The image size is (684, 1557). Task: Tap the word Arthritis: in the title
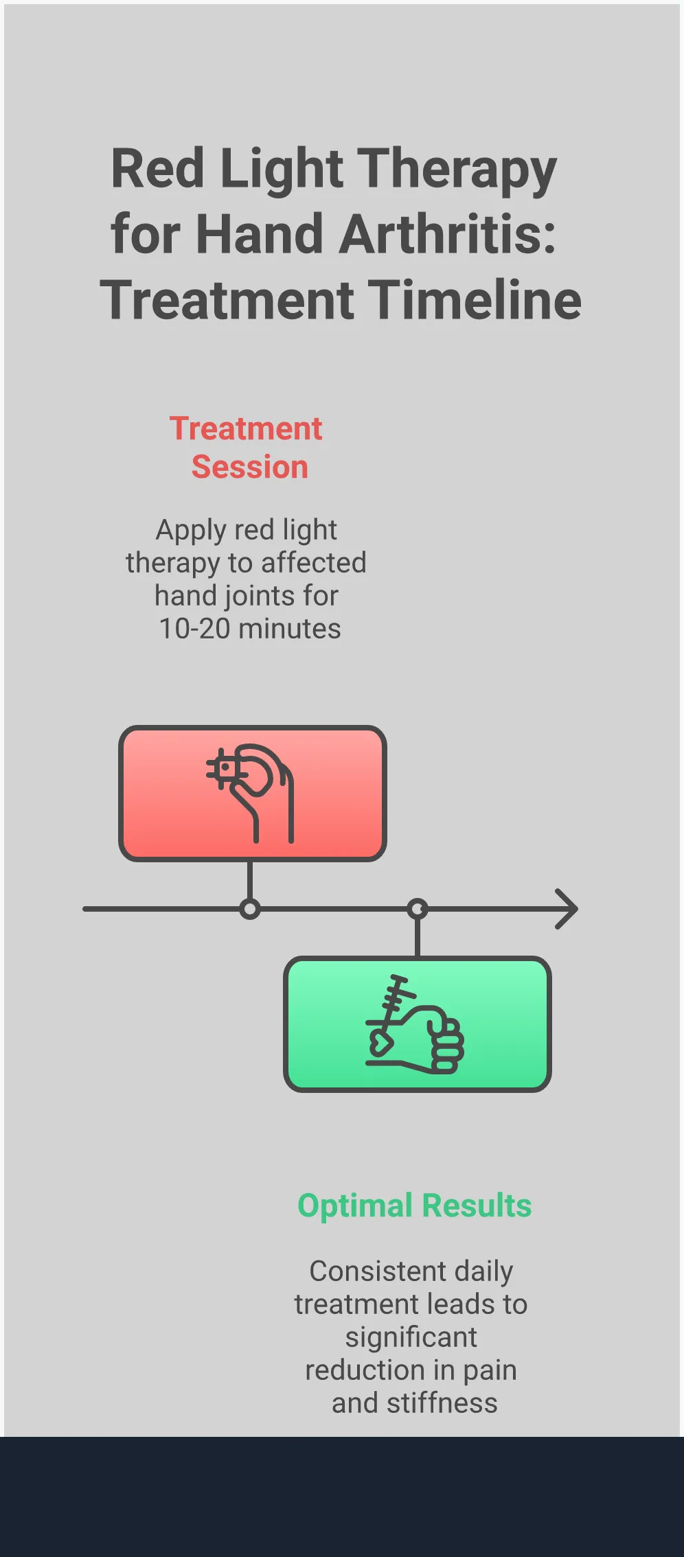[447, 234]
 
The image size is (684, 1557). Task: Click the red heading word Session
[250, 468]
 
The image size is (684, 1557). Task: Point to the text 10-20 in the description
[194, 629]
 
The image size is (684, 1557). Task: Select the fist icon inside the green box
[415, 1024]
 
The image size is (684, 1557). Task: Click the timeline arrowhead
[567, 909]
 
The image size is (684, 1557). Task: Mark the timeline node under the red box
[250, 909]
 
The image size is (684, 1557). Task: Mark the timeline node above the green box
[418, 909]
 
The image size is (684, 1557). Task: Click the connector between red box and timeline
[250, 880]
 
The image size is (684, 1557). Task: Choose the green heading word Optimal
[355, 1206]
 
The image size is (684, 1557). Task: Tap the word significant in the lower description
[411, 1337]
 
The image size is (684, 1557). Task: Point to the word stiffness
[442, 1403]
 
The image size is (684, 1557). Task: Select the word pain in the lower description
[489, 1370]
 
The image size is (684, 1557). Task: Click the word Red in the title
[158, 170]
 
